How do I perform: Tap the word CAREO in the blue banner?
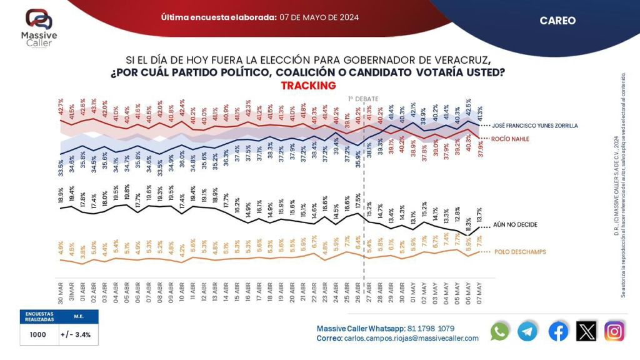click(557, 21)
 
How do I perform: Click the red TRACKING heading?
click(309, 86)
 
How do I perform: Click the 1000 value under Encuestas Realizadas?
click(38, 334)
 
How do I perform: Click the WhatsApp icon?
click(500, 331)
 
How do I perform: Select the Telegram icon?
click(528, 331)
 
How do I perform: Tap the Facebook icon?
click(558, 331)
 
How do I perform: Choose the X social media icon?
click(586, 331)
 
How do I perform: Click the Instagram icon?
click(615, 331)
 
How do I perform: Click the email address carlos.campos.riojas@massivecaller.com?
click(411, 338)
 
